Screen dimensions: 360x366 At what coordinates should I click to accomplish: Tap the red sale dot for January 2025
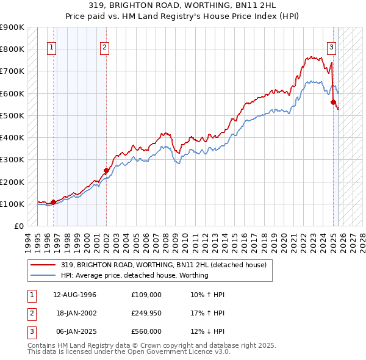[x=334, y=103]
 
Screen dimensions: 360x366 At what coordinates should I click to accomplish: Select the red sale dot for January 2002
[x=106, y=171]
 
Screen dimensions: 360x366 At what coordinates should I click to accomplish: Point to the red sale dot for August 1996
[x=53, y=202]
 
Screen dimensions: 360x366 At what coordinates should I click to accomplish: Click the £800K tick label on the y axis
[x=12, y=49]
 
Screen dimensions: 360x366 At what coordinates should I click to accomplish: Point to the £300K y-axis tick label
[x=12, y=160]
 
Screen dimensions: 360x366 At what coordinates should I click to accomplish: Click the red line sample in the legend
[x=43, y=265]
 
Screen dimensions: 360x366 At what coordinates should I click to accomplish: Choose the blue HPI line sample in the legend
[x=43, y=275]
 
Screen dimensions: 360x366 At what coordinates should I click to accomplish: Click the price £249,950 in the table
[x=146, y=314]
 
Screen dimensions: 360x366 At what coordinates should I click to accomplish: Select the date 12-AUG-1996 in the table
[x=74, y=295]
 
